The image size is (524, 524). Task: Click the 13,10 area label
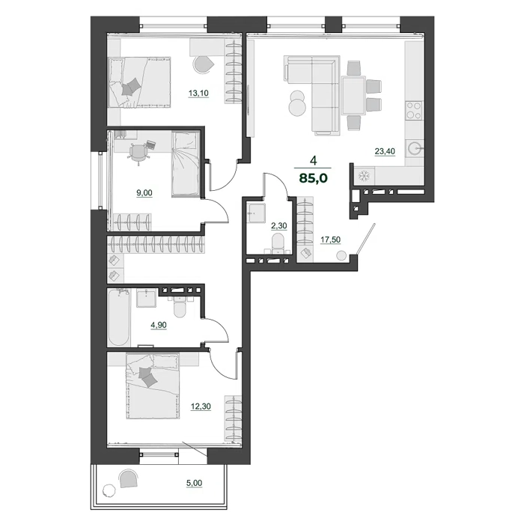coord(198,94)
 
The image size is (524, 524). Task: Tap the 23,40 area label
coord(385,151)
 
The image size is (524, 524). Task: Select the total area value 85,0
coord(314,178)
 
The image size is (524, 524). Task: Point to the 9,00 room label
coord(144,193)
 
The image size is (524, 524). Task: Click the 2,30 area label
coord(278,226)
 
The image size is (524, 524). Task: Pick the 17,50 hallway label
coord(331,240)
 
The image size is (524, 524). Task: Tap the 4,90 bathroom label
coord(159,325)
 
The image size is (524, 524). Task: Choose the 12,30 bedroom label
coord(201,406)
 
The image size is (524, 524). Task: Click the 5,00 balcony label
coord(194,483)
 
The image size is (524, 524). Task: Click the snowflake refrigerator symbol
coord(362,176)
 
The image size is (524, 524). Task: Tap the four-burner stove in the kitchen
coord(414,111)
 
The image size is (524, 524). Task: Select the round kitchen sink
coord(415,147)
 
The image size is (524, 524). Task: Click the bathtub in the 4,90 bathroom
coord(119,318)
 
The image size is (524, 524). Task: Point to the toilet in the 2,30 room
coord(278,243)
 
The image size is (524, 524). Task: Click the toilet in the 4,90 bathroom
coord(180,306)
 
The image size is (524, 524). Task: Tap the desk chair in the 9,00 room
coord(138,153)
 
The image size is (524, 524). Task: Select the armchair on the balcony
coord(128,478)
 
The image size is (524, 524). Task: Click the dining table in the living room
coord(353,95)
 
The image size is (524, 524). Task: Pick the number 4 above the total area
coord(313,161)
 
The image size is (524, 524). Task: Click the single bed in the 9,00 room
coord(186,164)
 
